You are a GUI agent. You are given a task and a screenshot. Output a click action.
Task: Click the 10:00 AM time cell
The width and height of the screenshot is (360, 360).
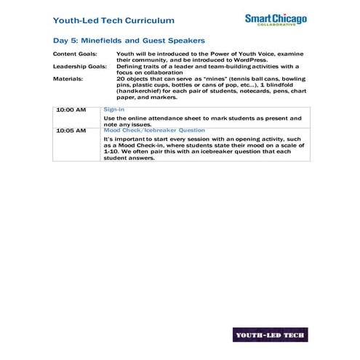click(71, 110)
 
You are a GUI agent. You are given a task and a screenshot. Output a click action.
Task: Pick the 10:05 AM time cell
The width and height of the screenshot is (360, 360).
click(71, 130)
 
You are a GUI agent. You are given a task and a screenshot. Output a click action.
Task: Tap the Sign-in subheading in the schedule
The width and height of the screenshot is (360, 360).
click(114, 109)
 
